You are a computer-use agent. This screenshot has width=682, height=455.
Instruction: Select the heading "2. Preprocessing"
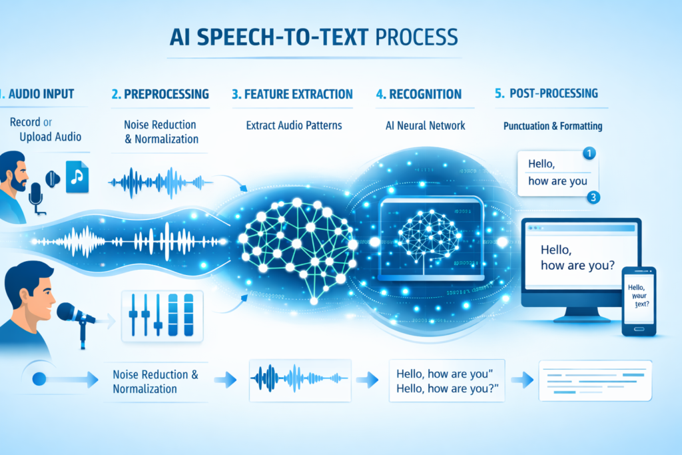[x=161, y=94]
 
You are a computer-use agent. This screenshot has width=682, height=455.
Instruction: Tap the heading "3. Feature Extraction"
[x=292, y=94]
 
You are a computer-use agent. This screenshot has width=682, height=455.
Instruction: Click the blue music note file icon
[x=77, y=177]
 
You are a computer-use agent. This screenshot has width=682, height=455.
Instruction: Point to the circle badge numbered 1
[x=588, y=154]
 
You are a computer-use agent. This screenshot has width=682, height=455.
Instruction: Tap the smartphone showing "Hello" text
[x=638, y=301]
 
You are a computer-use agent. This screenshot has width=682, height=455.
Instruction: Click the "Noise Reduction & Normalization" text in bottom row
[x=156, y=381]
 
